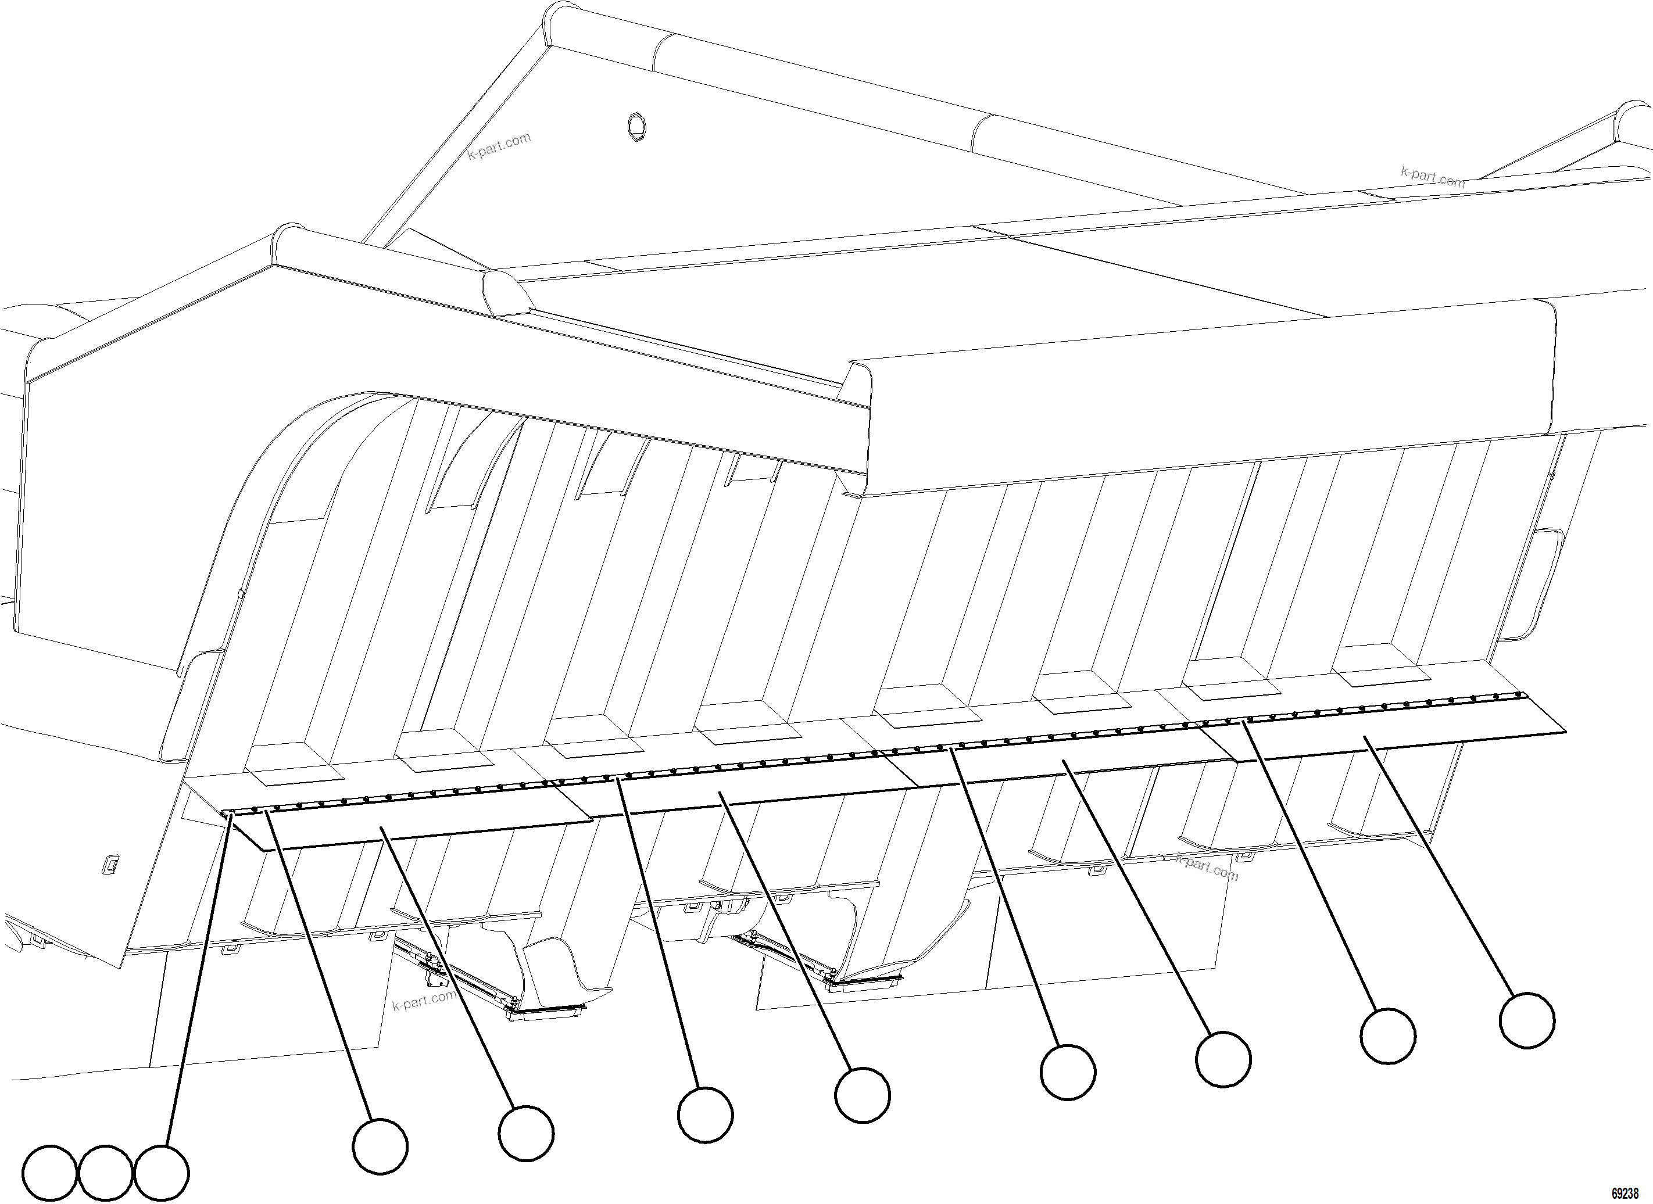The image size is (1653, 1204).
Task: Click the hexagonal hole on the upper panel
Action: [637, 127]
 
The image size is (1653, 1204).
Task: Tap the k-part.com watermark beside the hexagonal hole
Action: [499, 146]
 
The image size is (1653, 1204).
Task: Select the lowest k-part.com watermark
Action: [424, 998]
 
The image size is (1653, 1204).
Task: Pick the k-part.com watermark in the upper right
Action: [1432, 177]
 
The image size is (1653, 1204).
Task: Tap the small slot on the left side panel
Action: [111, 863]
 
